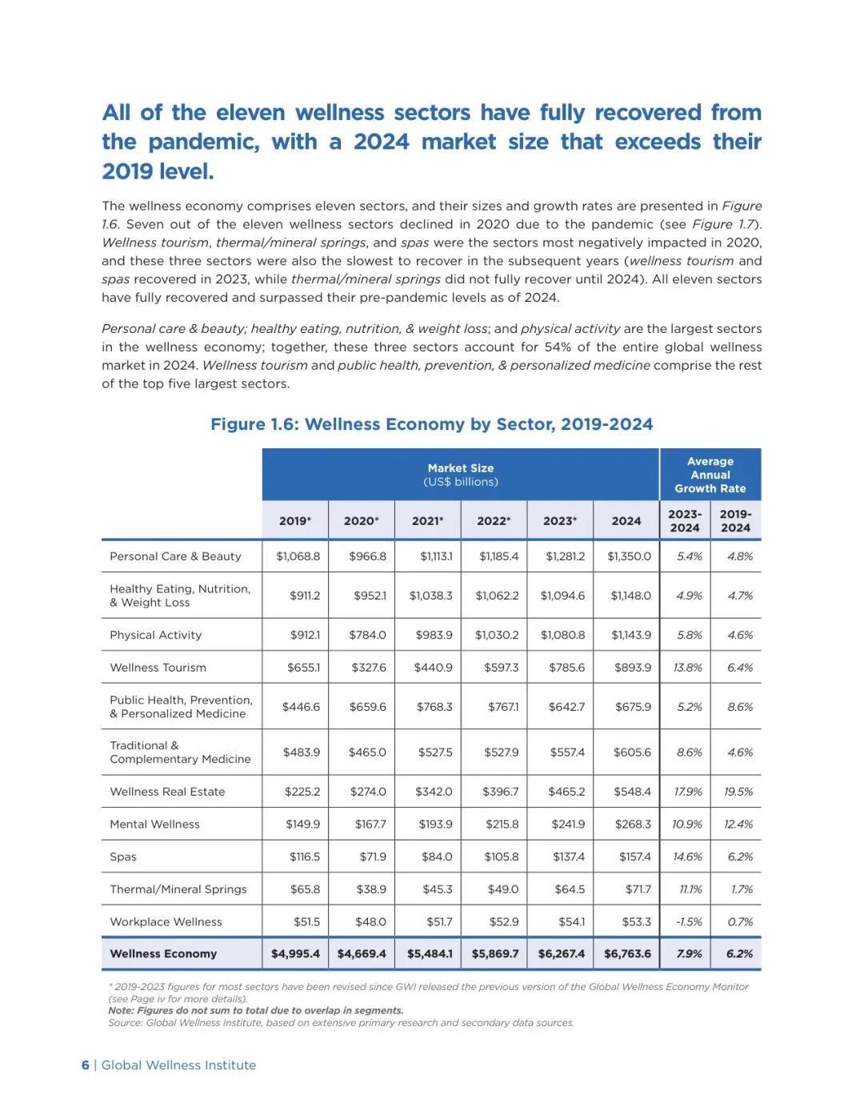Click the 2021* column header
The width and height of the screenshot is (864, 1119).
coord(427,521)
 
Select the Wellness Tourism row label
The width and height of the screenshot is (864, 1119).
coord(158,668)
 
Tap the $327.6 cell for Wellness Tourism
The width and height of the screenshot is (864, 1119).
coord(368,668)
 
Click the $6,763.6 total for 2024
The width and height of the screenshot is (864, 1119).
coord(627,954)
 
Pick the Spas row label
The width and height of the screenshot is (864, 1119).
coord(123,856)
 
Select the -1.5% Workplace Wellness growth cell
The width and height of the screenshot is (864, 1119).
coord(689,922)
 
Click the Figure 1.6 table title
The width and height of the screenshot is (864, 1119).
coord(431,424)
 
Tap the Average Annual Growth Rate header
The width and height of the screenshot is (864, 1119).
coord(710,475)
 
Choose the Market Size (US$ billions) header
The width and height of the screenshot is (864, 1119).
coord(461,475)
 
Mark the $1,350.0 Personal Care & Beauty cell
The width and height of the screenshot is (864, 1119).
coord(629,556)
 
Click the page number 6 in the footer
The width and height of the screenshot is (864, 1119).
coord(86,1065)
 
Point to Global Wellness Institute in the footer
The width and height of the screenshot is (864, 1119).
coord(178,1065)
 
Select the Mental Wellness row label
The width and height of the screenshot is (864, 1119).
coord(154,824)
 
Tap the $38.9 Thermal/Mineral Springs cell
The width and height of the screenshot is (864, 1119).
coord(371,889)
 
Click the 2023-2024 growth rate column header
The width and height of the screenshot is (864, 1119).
coord(685,521)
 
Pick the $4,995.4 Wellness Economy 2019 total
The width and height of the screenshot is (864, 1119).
coord(295,954)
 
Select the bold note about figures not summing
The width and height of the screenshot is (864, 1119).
coord(256,1011)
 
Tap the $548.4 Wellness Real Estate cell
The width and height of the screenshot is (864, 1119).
coord(632,792)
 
